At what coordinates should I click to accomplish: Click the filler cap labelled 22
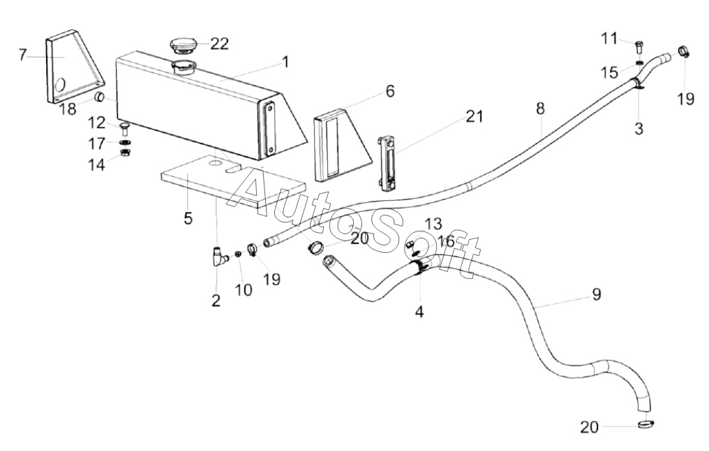(x=183, y=45)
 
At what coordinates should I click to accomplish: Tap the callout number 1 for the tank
(x=285, y=61)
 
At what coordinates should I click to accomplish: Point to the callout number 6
(x=390, y=91)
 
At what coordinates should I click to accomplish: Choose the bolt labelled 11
(x=639, y=46)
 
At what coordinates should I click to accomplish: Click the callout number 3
(x=639, y=129)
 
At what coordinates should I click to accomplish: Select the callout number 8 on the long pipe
(x=540, y=108)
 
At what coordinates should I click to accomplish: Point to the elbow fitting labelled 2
(x=218, y=257)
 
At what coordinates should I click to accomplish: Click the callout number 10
(x=244, y=289)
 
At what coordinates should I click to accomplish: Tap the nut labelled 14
(x=125, y=152)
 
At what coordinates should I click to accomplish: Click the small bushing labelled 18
(x=100, y=97)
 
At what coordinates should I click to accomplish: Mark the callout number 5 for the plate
(x=188, y=218)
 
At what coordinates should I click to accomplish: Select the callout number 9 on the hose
(x=597, y=294)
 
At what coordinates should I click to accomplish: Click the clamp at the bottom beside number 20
(x=645, y=424)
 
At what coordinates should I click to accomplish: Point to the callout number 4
(x=419, y=312)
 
